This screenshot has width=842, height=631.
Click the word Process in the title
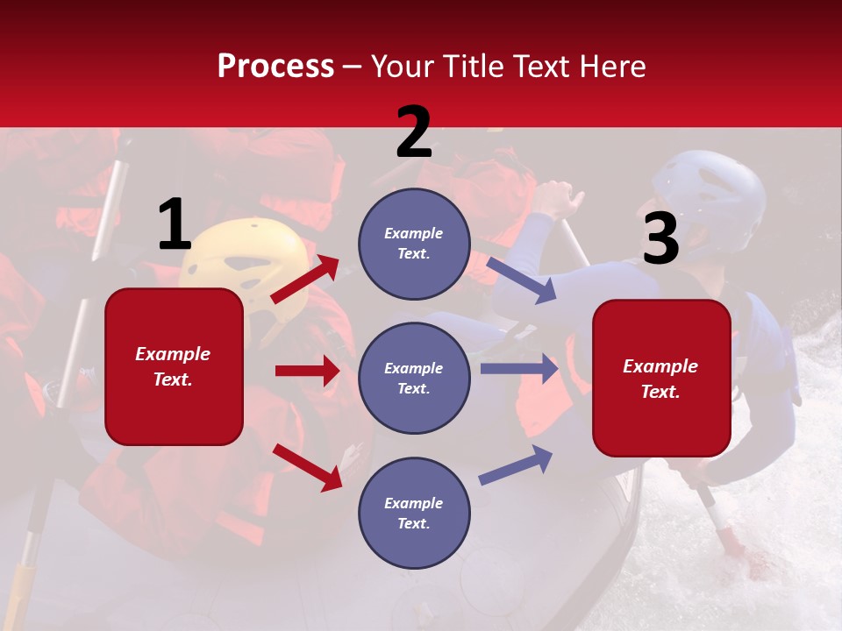[275, 67]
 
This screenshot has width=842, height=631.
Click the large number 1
[175, 225]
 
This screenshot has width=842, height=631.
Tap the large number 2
[414, 132]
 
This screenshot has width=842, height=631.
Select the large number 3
[660, 239]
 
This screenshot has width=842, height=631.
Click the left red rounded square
[174, 366]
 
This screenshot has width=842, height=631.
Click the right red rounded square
[661, 378]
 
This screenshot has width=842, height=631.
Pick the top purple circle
[414, 244]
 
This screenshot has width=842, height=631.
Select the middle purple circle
[414, 378]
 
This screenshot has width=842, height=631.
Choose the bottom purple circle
[414, 513]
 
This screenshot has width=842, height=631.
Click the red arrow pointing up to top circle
[305, 280]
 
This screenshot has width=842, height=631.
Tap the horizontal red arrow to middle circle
[307, 371]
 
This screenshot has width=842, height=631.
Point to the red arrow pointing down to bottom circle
[308, 467]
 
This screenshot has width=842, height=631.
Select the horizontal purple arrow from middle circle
[519, 369]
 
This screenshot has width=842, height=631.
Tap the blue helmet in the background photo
[710, 197]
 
